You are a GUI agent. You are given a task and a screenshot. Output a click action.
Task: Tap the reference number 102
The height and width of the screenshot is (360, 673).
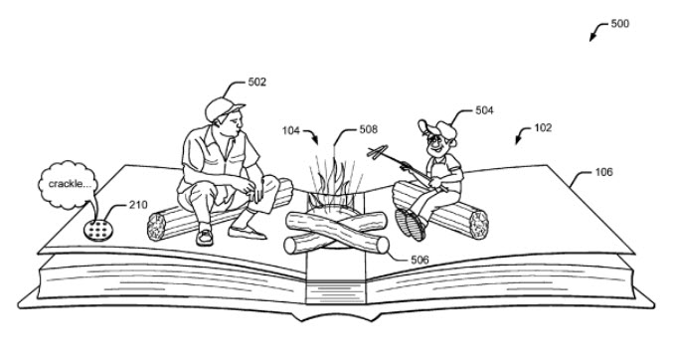[x=543, y=128]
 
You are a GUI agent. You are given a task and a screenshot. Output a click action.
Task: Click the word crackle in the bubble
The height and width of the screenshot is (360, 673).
[x=65, y=184]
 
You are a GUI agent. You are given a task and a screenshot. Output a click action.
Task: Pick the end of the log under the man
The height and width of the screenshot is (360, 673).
[x=156, y=227]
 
